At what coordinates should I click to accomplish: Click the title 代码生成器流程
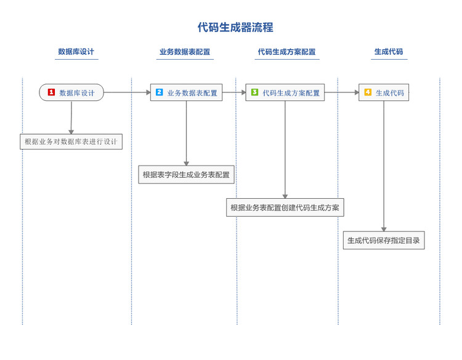coord(235,27)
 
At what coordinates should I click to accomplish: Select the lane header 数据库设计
coord(76,52)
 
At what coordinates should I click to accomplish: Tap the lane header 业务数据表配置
coord(185,52)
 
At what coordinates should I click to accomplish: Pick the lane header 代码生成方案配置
coord(286,52)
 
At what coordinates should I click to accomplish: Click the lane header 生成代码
coord(389,52)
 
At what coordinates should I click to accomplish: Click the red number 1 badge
coord(51,92)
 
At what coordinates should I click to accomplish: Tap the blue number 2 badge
coord(159,92)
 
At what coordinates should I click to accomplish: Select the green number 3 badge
coord(254,92)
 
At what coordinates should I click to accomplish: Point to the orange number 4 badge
coord(368,92)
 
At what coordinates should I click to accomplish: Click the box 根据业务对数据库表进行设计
coord(71,142)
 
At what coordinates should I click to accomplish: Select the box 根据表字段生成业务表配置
coord(186,175)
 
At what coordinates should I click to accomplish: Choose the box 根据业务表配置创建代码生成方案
coord(285,207)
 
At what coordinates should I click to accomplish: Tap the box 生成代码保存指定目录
coord(383,241)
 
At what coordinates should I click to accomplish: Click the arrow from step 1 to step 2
coord(127,92)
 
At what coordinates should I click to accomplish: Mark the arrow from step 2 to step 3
coord(234,92)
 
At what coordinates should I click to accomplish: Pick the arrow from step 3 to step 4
coord(341,92)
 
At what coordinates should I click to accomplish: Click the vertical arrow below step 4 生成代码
coord(384,166)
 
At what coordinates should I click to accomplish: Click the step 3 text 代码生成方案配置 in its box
coord(291,93)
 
